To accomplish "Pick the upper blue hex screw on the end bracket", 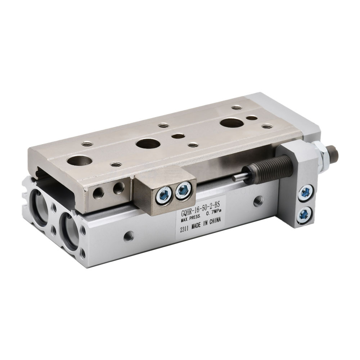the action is pos(306,192).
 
